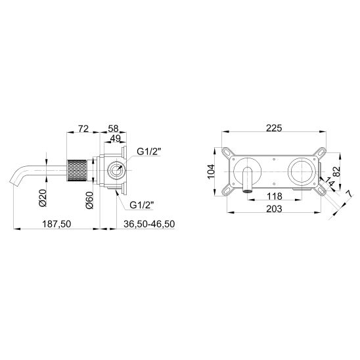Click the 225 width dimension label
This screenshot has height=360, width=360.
click(x=274, y=128)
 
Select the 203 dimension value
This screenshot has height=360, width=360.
click(x=274, y=209)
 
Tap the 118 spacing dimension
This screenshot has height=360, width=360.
click(x=275, y=196)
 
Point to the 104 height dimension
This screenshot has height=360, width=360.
click(x=211, y=171)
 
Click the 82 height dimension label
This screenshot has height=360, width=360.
click(x=336, y=171)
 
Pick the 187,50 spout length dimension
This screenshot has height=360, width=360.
click(x=56, y=224)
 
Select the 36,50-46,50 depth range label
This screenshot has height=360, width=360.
click(x=149, y=224)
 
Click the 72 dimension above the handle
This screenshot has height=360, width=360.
click(x=83, y=129)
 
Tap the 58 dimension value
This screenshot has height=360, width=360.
click(x=114, y=129)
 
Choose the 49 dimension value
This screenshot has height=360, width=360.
click(x=115, y=139)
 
